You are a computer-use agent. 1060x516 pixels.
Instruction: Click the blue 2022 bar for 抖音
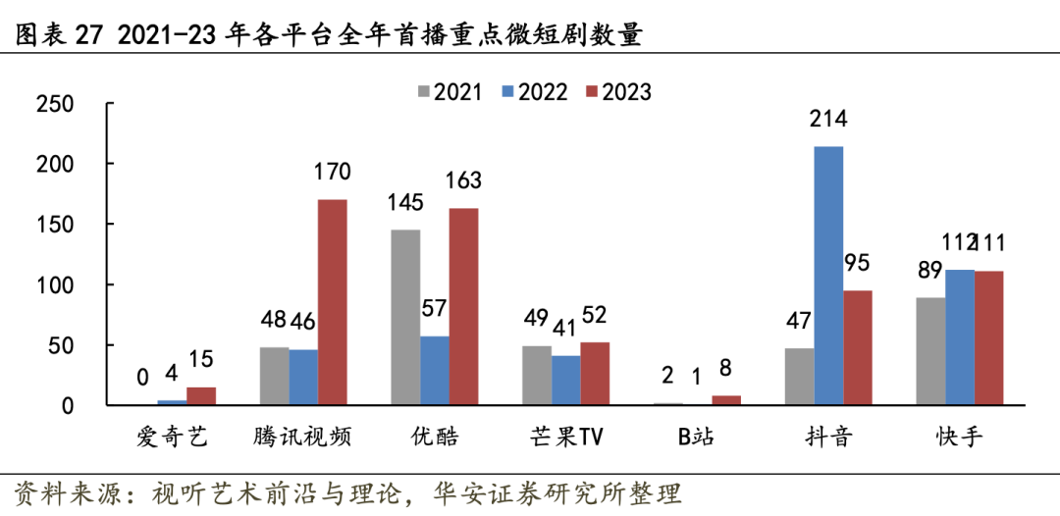click(x=828, y=276)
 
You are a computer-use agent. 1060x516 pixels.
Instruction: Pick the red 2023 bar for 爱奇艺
click(x=201, y=396)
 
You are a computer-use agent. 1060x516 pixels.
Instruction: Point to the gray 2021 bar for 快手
click(x=930, y=351)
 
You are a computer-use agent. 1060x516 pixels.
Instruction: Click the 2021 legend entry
click(x=450, y=92)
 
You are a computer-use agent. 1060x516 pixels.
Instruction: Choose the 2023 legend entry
click(x=618, y=92)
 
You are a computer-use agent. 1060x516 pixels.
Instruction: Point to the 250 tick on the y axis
click(x=54, y=103)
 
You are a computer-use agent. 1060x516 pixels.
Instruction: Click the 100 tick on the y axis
click(x=54, y=285)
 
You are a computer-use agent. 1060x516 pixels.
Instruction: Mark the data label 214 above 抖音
click(x=828, y=120)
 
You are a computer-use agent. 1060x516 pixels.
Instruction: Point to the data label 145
click(x=405, y=203)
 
